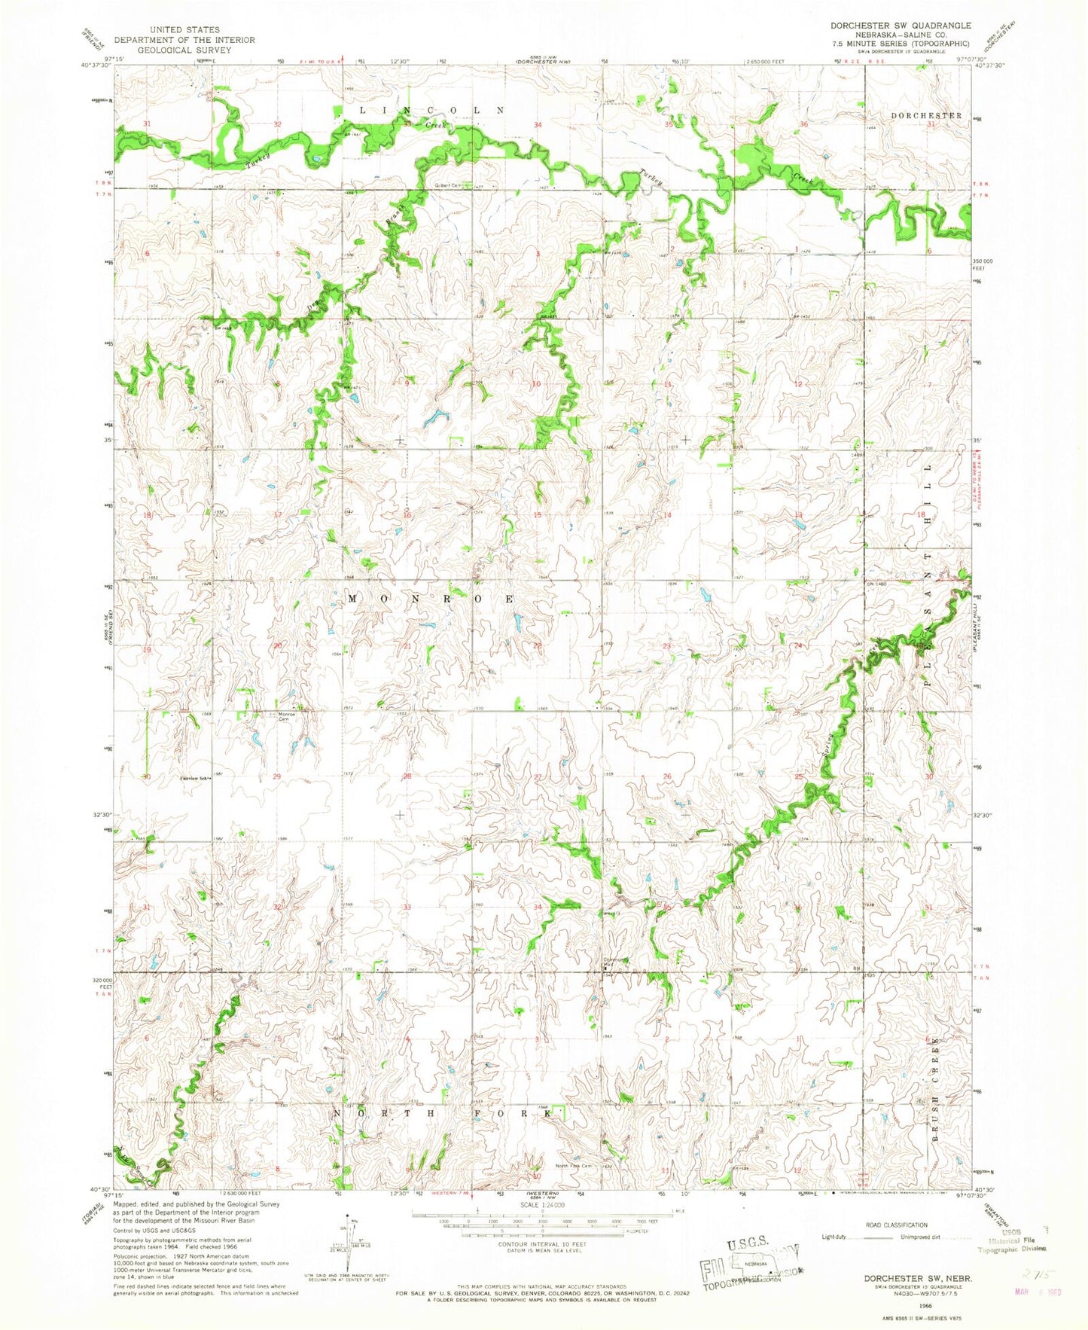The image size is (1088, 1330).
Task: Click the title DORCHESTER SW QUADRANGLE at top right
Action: [901, 25]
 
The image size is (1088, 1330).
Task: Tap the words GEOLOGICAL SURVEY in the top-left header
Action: [184, 50]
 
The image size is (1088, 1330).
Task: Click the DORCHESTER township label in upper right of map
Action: [925, 115]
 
